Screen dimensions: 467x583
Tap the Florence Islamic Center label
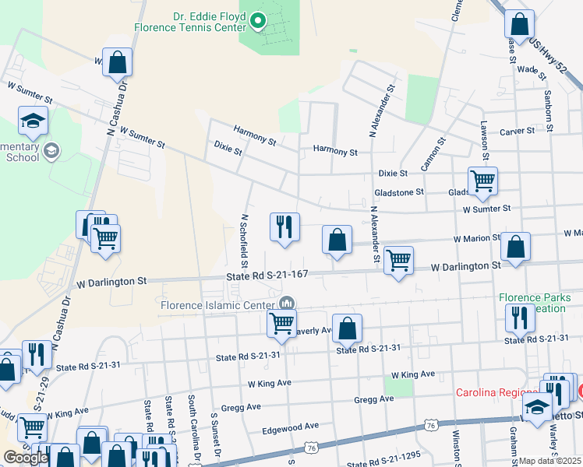pyautogui.click(x=218, y=304)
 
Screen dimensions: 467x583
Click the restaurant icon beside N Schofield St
pyautogui.click(x=284, y=226)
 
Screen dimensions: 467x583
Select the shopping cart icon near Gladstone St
pyautogui.click(x=482, y=181)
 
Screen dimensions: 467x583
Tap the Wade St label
pyautogui.click(x=529, y=69)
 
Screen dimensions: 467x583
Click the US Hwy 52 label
pyautogui.click(x=549, y=55)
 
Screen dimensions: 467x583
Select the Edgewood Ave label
pyautogui.click(x=291, y=427)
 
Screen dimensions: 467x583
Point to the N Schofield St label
pyautogui.click(x=244, y=237)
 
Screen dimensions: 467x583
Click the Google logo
pyautogui.click(x=26, y=458)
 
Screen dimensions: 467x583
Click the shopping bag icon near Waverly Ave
pyautogui.click(x=348, y=328)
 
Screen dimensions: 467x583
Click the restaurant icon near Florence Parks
pyautogui.click(x=518, y=317)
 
